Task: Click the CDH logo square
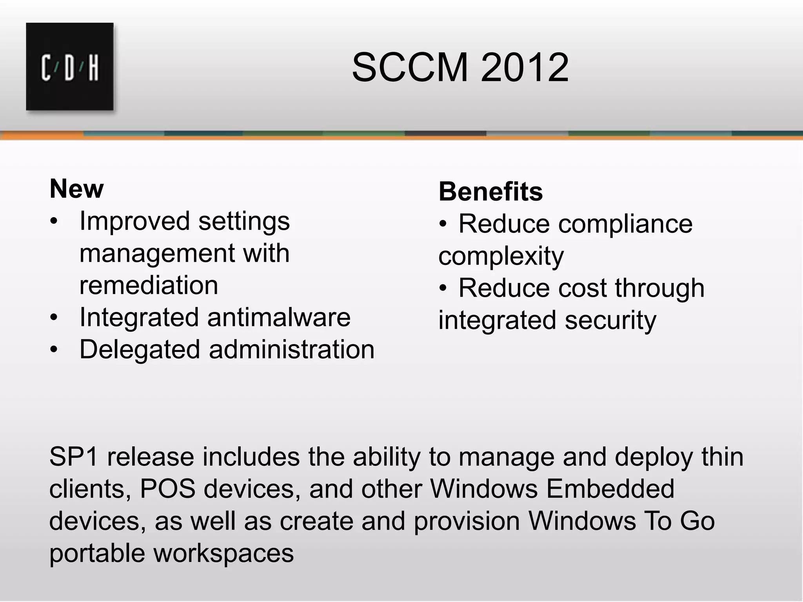(x=70, y=67)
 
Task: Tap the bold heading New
(x=77, y=189)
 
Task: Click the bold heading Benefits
(x=491, y=192)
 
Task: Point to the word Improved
(x=134, y=221)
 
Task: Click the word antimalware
(x=279, y=317)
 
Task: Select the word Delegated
(x=140, y=350)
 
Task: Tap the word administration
(x=292, y=349)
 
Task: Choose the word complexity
(x=501, y=257)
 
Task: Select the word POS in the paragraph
(x=167, y=489)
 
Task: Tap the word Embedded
(x=610, y=489)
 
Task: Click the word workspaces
(x=223, y=553)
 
